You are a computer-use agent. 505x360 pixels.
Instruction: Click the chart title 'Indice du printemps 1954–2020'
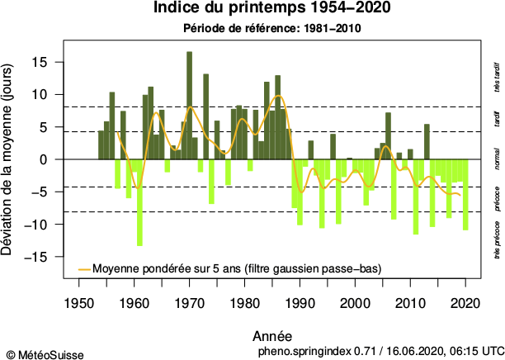[x=271, y=9]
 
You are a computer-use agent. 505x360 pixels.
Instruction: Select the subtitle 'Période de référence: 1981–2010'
[x=271, y=28]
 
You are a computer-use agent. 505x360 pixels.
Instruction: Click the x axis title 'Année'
[x=271, y=336]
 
